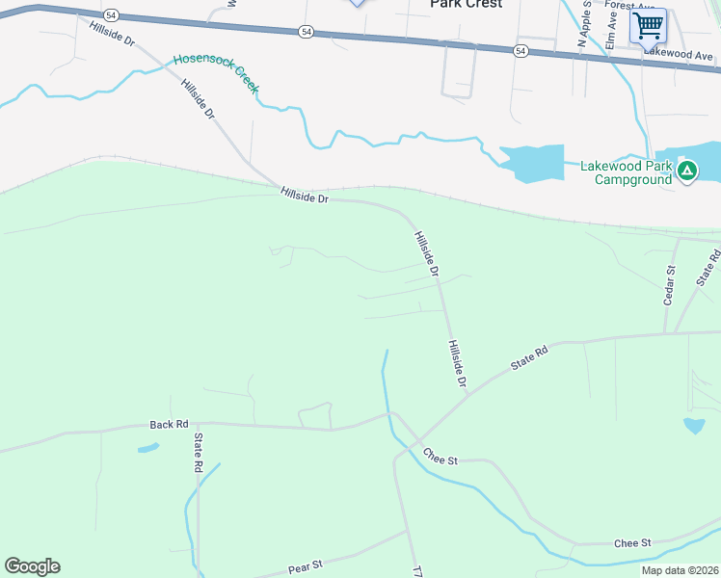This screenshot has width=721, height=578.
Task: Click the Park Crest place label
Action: point(466,5)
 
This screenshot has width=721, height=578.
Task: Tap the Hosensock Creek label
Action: point(216,73)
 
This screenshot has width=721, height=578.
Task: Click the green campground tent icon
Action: point(686,171)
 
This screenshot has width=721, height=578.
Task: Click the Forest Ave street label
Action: point(624,5)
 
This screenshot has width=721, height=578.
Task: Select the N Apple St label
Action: point(584,26)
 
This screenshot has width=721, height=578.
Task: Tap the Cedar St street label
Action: point(670,286)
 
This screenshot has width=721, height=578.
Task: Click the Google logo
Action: point(32,566)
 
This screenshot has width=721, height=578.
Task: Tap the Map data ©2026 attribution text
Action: point(680,570)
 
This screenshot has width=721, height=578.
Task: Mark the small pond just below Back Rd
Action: point(147,448)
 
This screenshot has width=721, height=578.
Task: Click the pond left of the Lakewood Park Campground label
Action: point(531,163)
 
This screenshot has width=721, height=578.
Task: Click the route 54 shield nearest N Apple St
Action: point(521,50)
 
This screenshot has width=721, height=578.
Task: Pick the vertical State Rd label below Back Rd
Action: point(198,452)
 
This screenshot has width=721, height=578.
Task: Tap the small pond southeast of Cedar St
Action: point(693,425)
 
